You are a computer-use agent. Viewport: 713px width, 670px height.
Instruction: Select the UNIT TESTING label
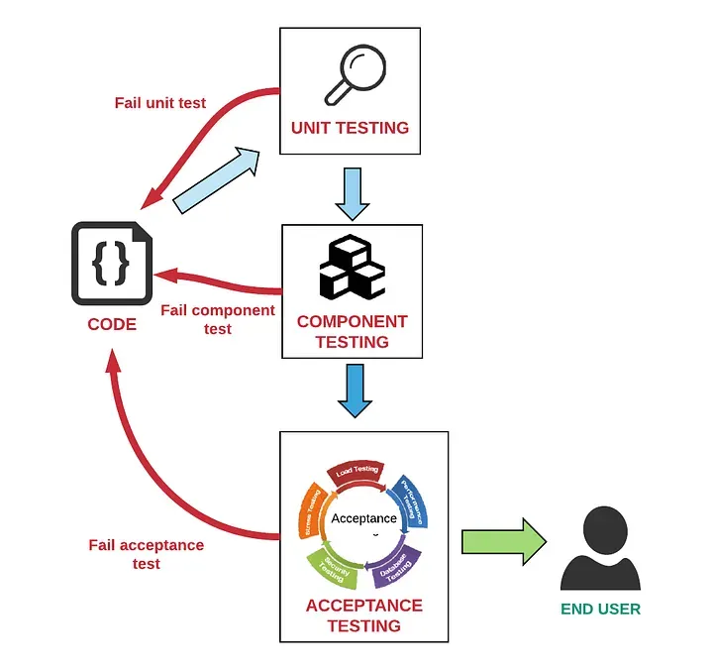[350, 128]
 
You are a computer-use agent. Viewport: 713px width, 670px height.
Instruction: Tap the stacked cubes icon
[351, 268]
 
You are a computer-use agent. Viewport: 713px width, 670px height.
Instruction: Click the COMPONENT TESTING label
[352, 331]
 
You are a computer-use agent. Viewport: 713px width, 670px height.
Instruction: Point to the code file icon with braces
[111, 263]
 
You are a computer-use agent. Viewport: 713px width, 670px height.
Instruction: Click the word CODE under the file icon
[112, 324]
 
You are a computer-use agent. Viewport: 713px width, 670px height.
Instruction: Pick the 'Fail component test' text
[218, 319]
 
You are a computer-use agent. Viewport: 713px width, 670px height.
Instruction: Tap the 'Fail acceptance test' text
[146, 554]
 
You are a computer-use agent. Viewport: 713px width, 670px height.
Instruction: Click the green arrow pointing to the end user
[503, 541]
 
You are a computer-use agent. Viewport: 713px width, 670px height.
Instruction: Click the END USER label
[600, 609]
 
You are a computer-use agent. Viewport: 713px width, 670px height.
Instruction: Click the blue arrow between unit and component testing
[352, 193]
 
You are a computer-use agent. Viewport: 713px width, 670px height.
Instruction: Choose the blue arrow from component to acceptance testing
[355, 390]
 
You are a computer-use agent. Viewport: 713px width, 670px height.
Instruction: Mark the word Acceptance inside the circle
[363, 518]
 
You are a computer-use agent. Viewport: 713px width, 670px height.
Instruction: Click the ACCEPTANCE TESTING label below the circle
[363, 615]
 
